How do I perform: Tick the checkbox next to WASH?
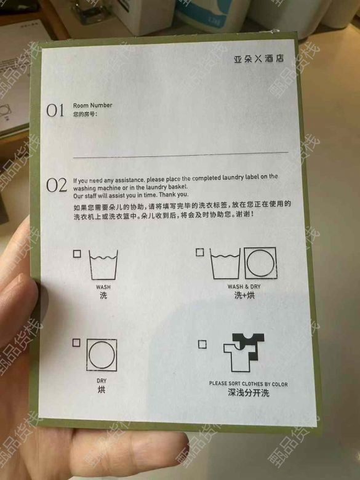click(x=77, y=254)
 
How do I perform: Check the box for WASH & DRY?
click(x=199, y=252)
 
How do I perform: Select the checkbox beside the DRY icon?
click(x=76, y=343)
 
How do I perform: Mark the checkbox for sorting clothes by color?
click(x=202, y=345)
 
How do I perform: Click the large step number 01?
click(x=55, y=110)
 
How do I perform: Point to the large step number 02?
click(x=57, y=185)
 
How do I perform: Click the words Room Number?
click(x=92, y=105)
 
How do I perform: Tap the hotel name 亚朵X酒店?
click(x=258, y=58)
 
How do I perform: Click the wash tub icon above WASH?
click(x=103, y=265)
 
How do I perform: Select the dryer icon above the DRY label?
click(x=102, y=355)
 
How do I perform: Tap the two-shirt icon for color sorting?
click(x=243, y=353)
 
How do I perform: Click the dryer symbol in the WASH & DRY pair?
click(x=260, y=263)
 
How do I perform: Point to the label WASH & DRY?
click(x=244, y=287)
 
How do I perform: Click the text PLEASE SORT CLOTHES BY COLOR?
click(x=248, y=383)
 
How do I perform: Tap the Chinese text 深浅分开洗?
click(x=248, y=393)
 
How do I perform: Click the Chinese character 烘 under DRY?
click(x=102, y=390)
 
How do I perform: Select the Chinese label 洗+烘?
click(x=244, y=295)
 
